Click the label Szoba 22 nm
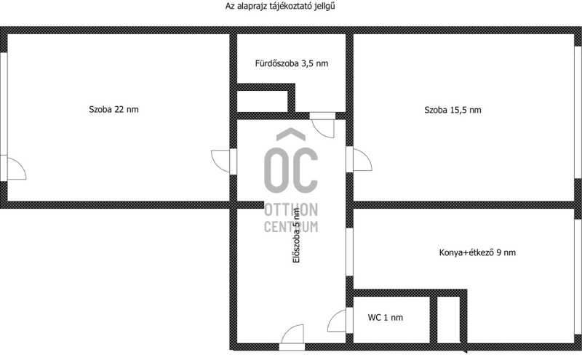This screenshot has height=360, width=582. pos(113,110)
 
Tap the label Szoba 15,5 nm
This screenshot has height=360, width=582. pos(453,110)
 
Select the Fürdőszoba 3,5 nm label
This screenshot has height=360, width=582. pos(292,63)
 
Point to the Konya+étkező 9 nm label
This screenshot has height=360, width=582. pos(477,252)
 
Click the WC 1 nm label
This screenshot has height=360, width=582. pos(386,317)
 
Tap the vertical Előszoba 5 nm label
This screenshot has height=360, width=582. pos(296,236)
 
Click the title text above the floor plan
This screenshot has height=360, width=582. pos(280,6)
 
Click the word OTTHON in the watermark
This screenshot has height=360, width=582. pos(291,210)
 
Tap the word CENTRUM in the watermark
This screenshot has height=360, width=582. pos(291,226)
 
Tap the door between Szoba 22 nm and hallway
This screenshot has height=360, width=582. pos(221,161)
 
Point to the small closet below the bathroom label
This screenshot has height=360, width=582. pos(262,101)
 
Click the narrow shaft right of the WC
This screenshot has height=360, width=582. pos(448,319)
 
